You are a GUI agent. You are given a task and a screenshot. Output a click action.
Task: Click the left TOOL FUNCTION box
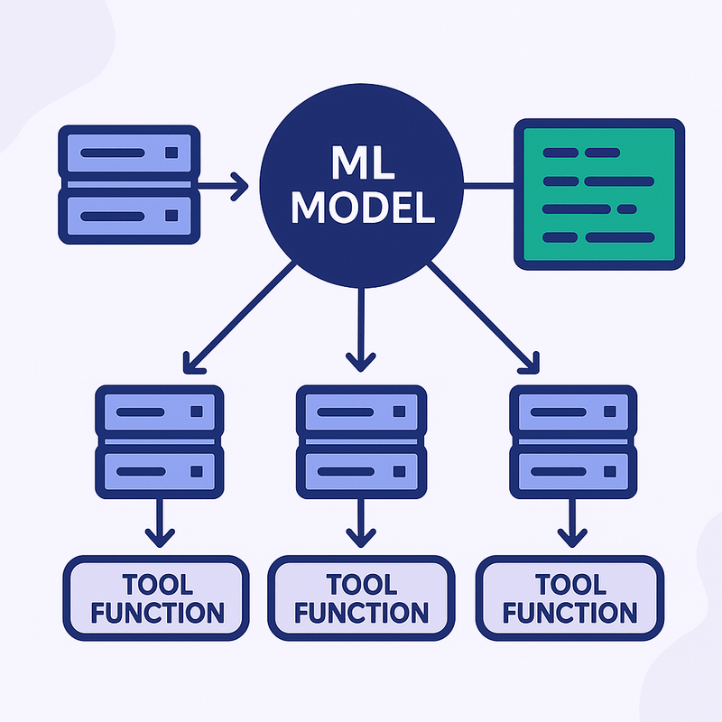click(x=156, y=597)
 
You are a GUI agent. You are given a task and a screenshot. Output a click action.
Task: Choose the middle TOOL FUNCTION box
click(x=361, y=597)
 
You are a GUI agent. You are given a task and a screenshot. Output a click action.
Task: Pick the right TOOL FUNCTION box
click(x=569, y=597)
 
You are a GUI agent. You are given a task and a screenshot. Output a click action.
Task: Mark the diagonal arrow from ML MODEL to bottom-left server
click(x=239, y=317)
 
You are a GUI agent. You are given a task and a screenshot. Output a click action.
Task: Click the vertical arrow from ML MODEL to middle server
click(x=361, y=329)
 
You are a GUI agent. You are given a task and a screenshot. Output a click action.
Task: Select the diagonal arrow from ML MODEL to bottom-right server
click(x=483, y=317)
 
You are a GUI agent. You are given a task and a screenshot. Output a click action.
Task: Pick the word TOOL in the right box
click(x=569, y=583)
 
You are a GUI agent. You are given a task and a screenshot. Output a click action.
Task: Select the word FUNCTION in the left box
click(x=157, y=613)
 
